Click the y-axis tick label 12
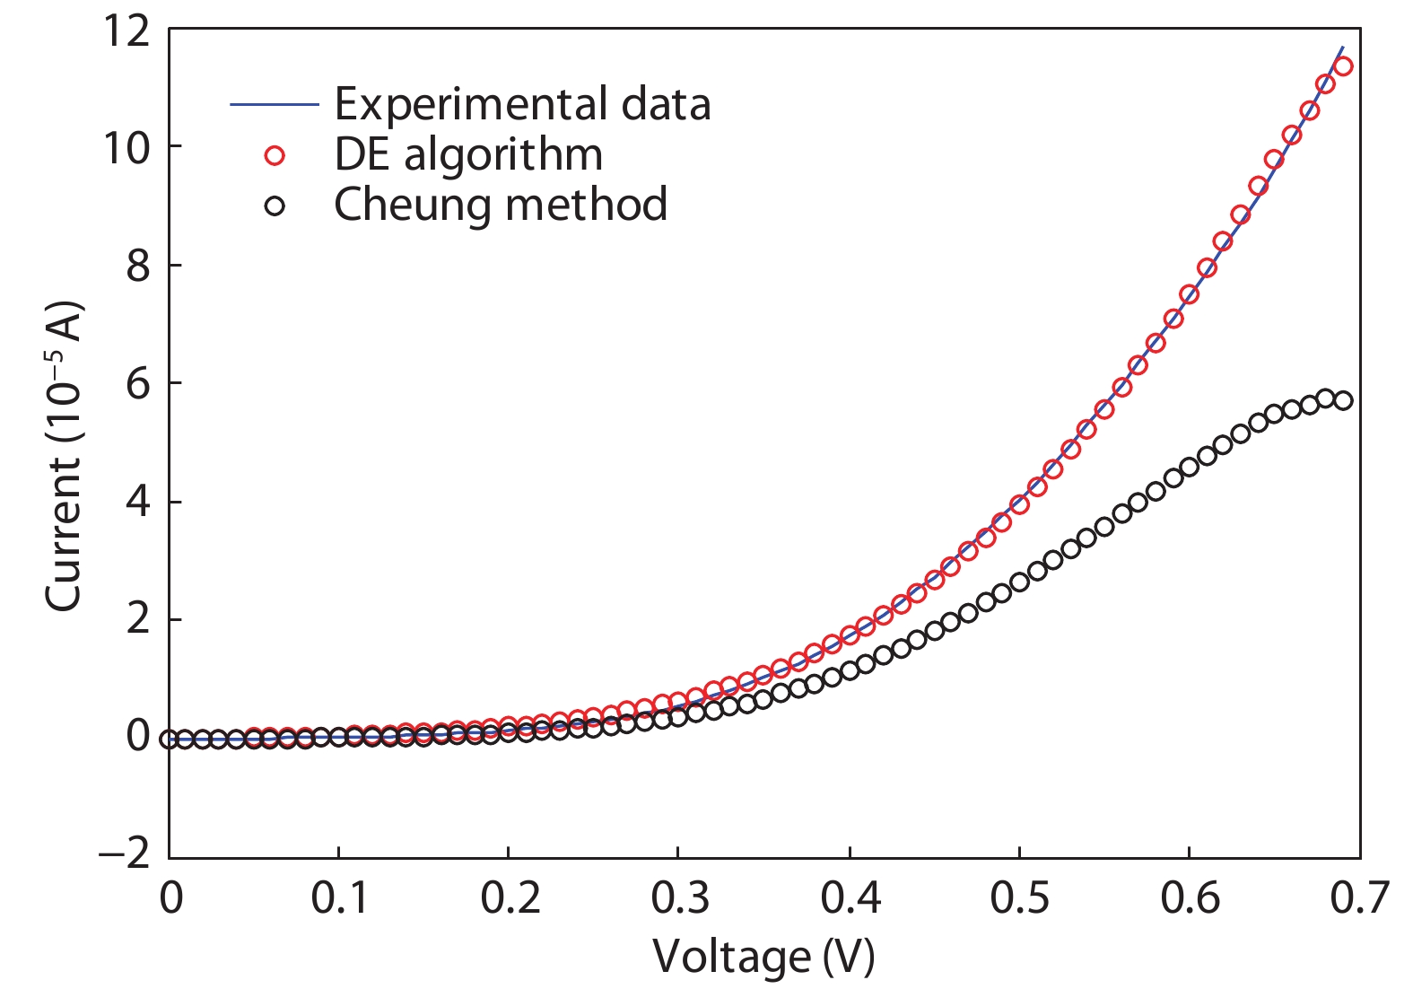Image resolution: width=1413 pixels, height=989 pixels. (126, 31)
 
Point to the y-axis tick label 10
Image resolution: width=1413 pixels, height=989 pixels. (126, 148)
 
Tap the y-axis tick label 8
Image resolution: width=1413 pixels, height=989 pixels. (137, 267)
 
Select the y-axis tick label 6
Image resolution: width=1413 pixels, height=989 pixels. (137, 384)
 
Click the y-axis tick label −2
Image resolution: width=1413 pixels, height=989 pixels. (125, 853)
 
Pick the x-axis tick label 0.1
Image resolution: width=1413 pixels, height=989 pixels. (339, 898)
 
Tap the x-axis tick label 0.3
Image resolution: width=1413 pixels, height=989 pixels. (679, 898)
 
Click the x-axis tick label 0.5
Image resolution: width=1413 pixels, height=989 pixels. (1019, 898)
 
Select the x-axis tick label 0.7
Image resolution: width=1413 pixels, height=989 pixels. (1359, 898)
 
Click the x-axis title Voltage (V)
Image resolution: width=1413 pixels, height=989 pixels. (763, 957)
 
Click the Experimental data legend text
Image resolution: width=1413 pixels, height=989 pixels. (522, 104)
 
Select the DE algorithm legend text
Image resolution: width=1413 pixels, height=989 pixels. (468, 154)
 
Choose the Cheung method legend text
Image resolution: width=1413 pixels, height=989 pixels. (501, 205)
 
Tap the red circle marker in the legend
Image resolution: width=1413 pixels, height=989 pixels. (275, 156)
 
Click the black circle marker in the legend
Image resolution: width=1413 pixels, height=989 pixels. (275, 206)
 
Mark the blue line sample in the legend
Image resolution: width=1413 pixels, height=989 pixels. (275, 105)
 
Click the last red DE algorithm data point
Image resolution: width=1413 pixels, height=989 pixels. (1342, 66)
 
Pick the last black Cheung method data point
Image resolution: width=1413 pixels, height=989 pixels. (1342, 400)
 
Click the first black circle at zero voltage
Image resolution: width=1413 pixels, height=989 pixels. (169, 739)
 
